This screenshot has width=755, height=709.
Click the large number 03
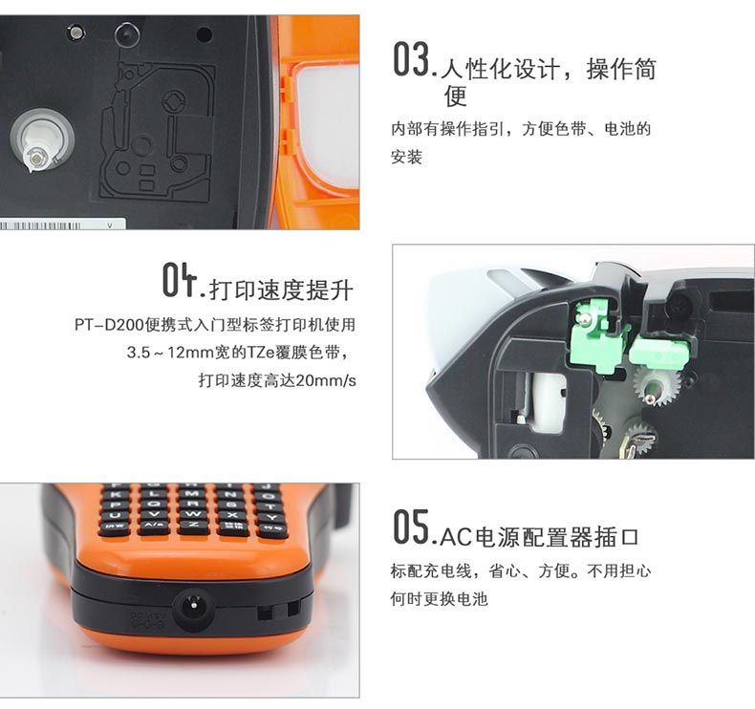pyautogui.click(x=411, y=59)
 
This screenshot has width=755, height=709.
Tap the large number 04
pyautogui.click(x=180, y=279)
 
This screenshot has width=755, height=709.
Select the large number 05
pyautogui.click(x=411, y=527)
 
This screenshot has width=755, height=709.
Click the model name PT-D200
pyautogui.click(x=109, y=325)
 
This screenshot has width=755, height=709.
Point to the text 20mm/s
pyautogui.click(x=326, y=380)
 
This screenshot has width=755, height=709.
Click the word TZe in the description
pyautogui.click(x=261, y=353)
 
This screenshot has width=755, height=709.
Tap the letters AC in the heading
pyautogui.click(x=456, y=537)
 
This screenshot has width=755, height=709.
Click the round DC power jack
pyautogui.click(x=194, y=611)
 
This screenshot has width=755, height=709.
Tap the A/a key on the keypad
pyautogui.click(x=154, y=526)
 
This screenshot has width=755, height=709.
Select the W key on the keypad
pyautogui.click(x=194, y=514)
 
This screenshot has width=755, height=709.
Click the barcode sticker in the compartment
pyautogui.click(x=62, y=225)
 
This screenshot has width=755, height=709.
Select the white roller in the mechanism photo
pyautogui.click(x=547, y=399)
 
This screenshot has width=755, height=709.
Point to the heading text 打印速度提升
pyautogui.click(x=282, y=290)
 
